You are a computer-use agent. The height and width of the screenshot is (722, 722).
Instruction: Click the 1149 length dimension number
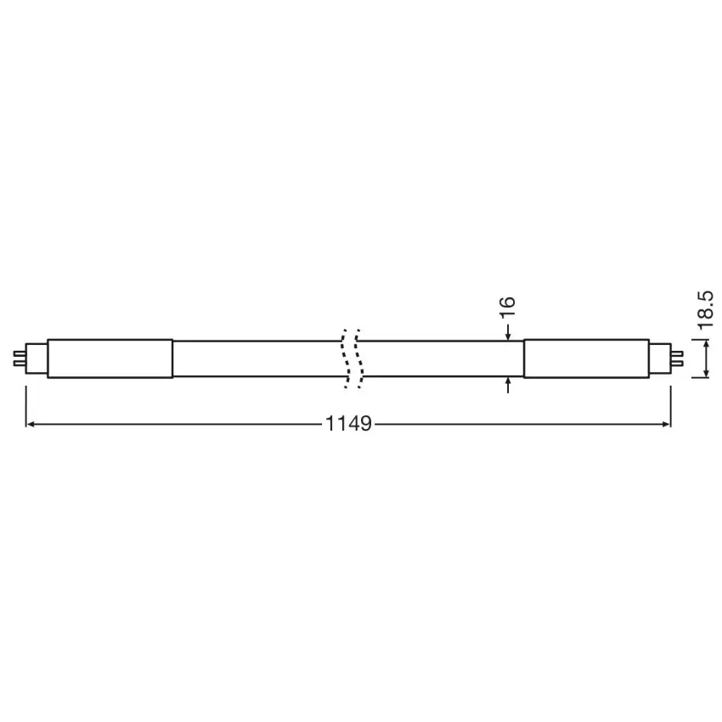(x=348, y=424)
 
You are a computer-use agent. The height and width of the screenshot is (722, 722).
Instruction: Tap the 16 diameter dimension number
(x=507, y=307)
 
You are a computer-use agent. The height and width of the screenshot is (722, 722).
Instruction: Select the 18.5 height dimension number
(x=705, y=310)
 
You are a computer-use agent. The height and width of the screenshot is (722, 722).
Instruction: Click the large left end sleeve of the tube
(x=110, y=358)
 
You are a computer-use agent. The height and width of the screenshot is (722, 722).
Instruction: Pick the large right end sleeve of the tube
(x=587, y=358)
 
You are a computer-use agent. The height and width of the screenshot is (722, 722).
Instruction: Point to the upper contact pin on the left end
(x=20, y=353)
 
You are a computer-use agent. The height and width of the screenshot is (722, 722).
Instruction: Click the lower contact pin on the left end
(x=20, y=364)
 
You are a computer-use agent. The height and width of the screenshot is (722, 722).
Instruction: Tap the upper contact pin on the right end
(x=677, y=353)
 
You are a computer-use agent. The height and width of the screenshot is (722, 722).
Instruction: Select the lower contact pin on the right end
(x=677, y=364)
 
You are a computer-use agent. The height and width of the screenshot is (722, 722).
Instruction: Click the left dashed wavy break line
(x=345, y=358)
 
